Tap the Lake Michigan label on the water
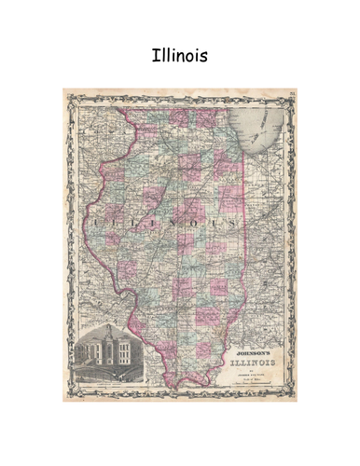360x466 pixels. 265,130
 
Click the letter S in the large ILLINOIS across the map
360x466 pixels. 229,225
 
